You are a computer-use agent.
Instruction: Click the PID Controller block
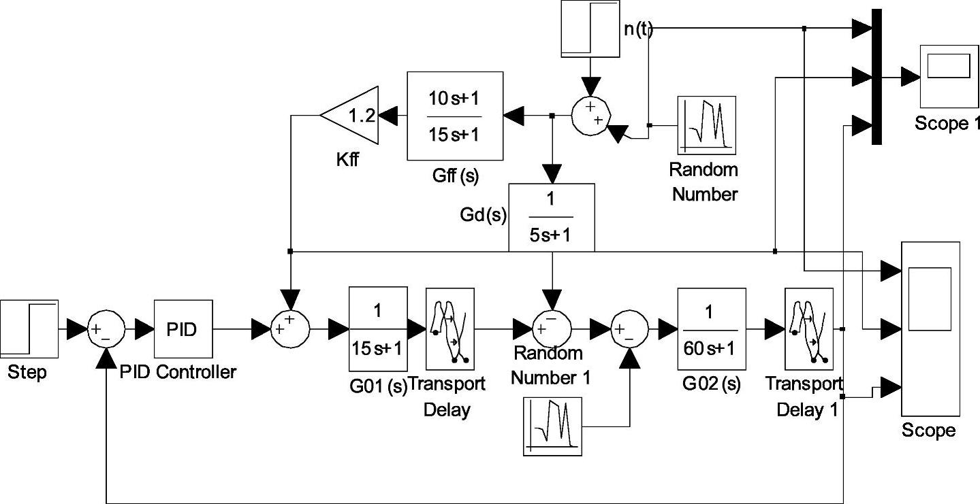[183, 329]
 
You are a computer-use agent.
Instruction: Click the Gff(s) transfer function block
[455, 116]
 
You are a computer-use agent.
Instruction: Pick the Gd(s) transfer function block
[552, 217]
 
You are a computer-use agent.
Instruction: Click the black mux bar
[877, 77]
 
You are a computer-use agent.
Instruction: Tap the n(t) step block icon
[590, 29]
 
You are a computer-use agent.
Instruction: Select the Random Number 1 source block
[553, 426]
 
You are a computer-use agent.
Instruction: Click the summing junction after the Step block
[106, 330]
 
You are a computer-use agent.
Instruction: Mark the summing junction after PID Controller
[291, 330]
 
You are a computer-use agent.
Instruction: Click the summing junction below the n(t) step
[590, 114]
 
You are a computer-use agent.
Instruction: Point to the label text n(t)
[637, 29]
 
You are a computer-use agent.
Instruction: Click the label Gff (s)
[455, 177]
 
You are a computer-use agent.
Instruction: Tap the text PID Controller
[178, 372]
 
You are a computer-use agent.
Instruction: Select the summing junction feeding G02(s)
[629, 330]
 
